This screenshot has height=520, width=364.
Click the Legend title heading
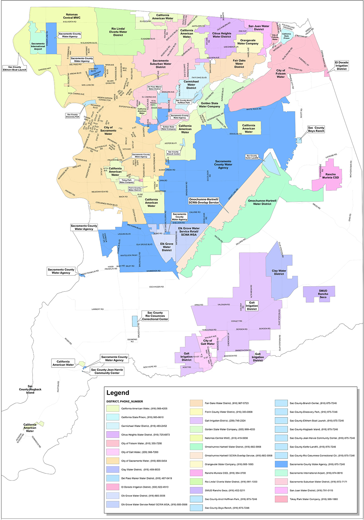point(118,393)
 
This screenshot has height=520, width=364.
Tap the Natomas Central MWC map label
point(72,16)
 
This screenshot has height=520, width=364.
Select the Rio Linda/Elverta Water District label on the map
point(118,32)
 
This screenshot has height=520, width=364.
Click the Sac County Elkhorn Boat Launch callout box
point(15,68)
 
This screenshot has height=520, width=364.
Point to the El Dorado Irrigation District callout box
point(342,66)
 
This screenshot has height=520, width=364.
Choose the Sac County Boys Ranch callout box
point(316,129)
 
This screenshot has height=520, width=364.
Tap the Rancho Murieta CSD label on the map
point(330,176)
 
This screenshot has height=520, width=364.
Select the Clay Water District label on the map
point(279,272)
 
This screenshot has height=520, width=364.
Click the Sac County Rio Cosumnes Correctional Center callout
point(155,316)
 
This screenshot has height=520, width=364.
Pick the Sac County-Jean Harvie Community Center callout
point(107,371)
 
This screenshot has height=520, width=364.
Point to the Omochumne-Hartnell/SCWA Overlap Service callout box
point(204,201)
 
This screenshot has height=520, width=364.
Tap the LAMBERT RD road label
point(98,309)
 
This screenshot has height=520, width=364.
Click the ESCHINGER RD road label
point(156,287)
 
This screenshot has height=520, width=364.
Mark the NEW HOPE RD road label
point(150,367)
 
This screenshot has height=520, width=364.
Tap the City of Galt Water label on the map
point(208,342)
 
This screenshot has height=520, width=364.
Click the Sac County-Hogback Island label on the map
point(30,389)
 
